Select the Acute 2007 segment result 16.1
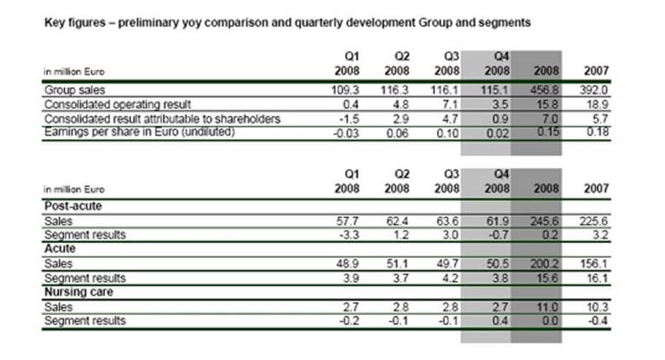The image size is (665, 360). coord(596,278)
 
